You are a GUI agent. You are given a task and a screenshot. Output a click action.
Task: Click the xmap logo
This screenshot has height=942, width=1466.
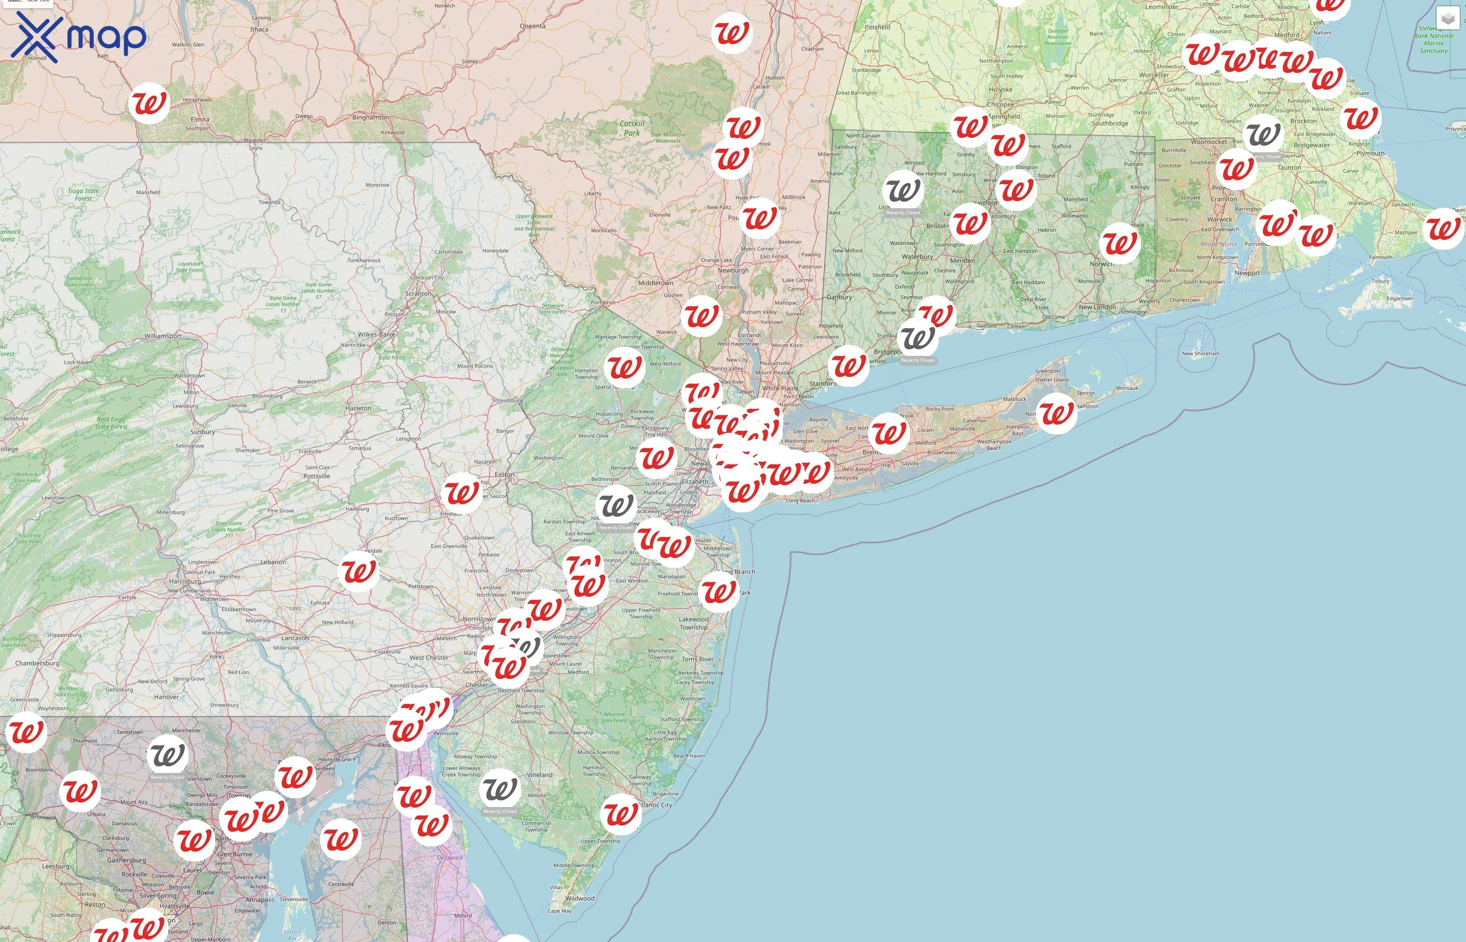coord(79,37)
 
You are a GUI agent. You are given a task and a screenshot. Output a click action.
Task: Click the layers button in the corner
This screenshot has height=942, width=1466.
coord(1447,19)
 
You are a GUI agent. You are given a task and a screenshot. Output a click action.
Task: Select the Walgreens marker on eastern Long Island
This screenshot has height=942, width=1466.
coord(1057,413)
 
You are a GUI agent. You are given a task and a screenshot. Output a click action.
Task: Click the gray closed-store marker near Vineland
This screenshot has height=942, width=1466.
coord(500,789)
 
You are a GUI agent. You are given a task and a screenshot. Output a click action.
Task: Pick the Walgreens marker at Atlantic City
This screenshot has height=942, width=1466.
coord(621,814)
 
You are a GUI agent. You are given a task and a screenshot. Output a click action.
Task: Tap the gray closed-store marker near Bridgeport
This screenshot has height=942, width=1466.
coord(918,338)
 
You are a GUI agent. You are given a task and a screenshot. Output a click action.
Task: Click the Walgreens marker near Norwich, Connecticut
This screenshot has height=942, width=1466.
coord(1119,243)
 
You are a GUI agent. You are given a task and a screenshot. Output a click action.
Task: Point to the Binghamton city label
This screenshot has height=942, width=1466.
coord(370,117)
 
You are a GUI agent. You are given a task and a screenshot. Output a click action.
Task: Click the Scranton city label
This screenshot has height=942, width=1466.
coord(418,294)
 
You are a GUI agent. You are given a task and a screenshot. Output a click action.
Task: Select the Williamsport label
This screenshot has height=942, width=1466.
coord(163,337)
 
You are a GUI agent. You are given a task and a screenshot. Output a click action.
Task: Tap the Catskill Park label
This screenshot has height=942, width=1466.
coord(632,128)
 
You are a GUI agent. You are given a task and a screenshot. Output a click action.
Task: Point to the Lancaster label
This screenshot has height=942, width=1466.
coord(295,638)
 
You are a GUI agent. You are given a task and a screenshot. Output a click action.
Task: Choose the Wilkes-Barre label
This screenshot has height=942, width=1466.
coord(376,334)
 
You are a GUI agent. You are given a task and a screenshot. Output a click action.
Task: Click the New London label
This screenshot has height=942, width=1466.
coord(1097,307)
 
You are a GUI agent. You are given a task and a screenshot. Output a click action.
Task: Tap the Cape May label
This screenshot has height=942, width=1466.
coord(559,911)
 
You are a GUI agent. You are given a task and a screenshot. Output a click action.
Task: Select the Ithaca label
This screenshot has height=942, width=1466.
coord(259,29)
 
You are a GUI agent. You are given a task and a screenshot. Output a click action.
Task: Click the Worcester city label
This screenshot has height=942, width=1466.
coord(1154,75)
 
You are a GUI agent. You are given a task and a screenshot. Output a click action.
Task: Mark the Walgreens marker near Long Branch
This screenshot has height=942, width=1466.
coord(719,591)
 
